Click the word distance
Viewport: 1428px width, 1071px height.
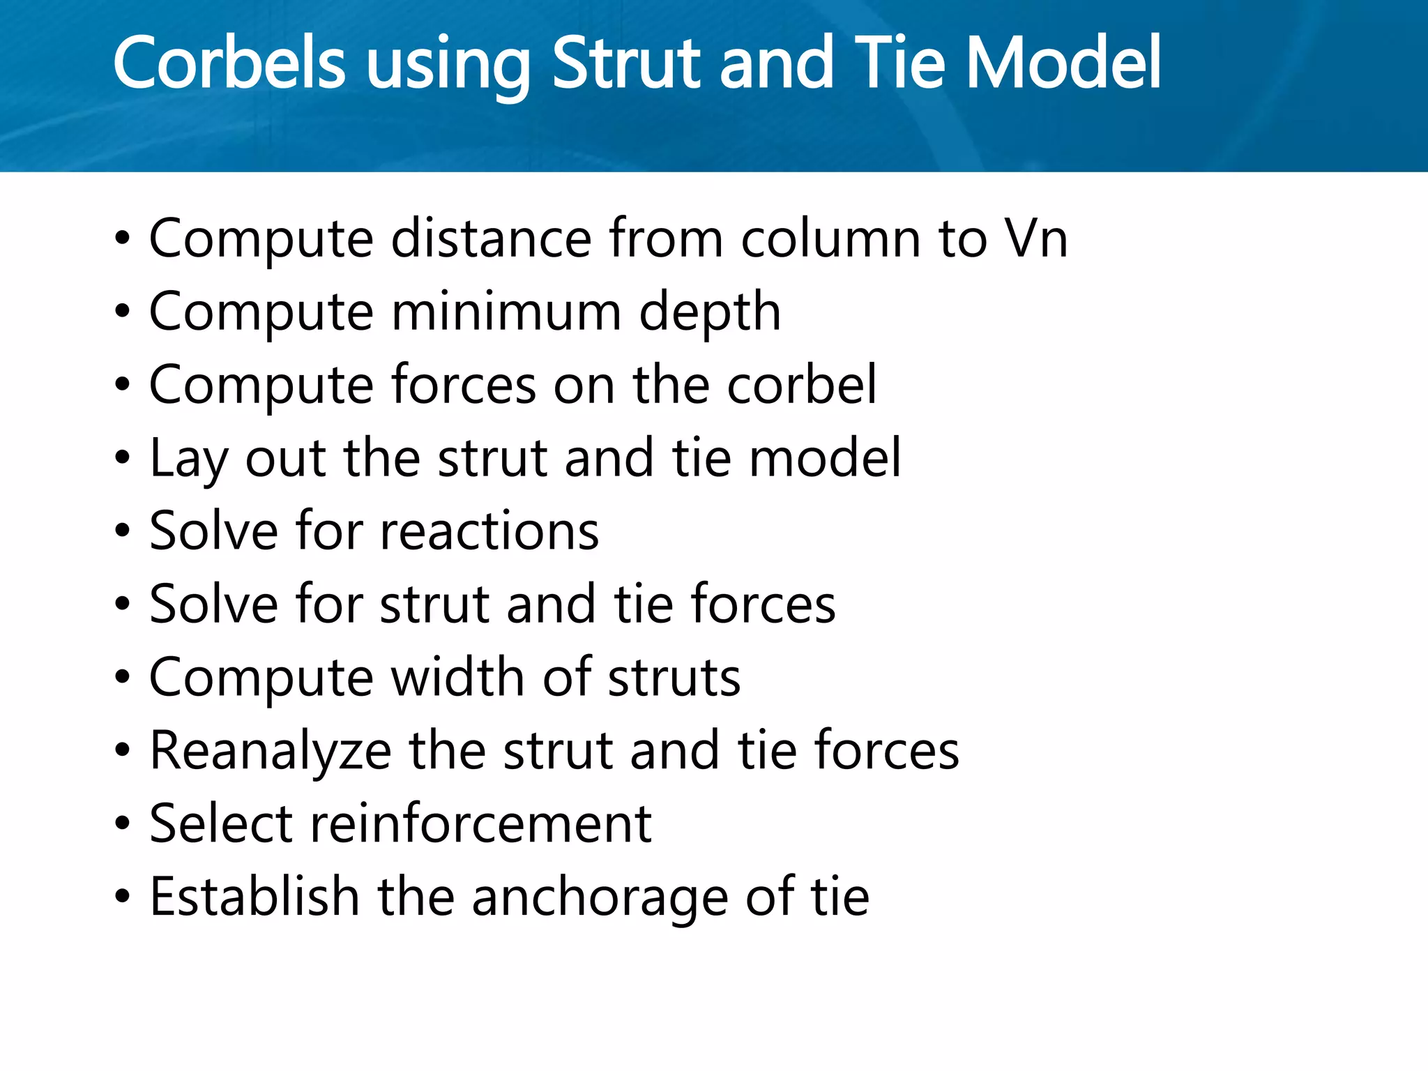click(x=491, y=238)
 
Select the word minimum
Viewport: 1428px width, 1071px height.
click(x=506, y=312)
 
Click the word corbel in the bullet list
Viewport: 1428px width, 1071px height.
click(x=802, y=385)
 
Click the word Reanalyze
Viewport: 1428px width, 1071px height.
click(x=271, y=752)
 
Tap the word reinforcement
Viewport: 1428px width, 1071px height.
click(x=480, y=824)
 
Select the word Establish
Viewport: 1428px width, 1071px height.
click(x=255, y=897)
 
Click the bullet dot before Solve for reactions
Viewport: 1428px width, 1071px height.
click(x=123, y=532)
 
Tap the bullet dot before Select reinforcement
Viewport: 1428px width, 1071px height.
click(x=123, y=825)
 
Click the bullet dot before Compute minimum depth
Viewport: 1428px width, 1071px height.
click(x=123, y=312)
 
